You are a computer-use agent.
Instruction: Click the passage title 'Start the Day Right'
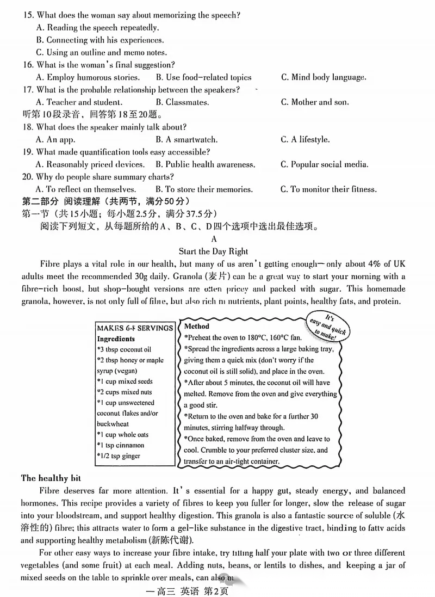(x=213, y=251)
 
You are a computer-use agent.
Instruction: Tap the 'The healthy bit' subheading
(x=51, y=478)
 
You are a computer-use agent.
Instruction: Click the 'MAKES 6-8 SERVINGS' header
(x=135, y=328)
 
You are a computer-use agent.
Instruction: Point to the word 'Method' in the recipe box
(x=197, y=327)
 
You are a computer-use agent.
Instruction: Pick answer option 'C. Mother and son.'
(x=315, y=102)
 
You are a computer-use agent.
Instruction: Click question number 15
(x=28, y=15)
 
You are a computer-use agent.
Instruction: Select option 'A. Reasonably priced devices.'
(x=90, y=164)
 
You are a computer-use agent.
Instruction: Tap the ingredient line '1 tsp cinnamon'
(x=125, y=445)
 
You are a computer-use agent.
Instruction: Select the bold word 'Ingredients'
(x=116, y=338)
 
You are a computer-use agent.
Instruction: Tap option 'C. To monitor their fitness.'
(x=328, y=189)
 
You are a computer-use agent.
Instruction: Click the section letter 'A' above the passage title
(x=214, y=239)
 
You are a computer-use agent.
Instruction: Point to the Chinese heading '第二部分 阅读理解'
(x=67, y=201)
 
